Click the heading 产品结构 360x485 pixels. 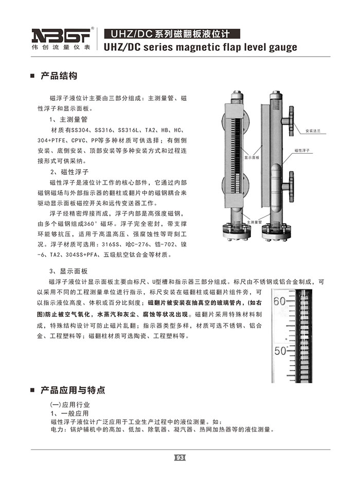pyautogui.click(x=59, y=76)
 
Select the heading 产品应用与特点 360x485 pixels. pyautogui.click(x=73, y=390)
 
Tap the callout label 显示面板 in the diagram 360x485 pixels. pyautogui.click(x=251, y=154)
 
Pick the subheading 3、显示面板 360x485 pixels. pyautogui.click(x=69, y=271)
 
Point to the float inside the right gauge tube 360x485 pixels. pyautogui.click(x=277, y=177)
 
